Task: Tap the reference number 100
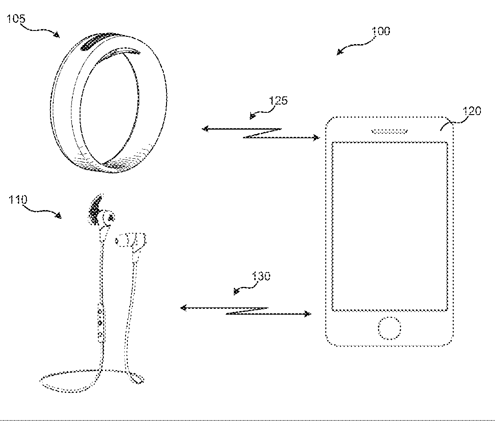point(380,31)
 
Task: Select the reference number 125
point(278,100)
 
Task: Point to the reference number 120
point(471,111)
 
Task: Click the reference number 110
point(18,199)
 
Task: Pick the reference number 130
point(260,276)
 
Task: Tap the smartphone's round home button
point(389,329)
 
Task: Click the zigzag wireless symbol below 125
point(263,133)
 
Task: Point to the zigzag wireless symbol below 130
point(246,311)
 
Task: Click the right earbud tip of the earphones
point(121,240)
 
